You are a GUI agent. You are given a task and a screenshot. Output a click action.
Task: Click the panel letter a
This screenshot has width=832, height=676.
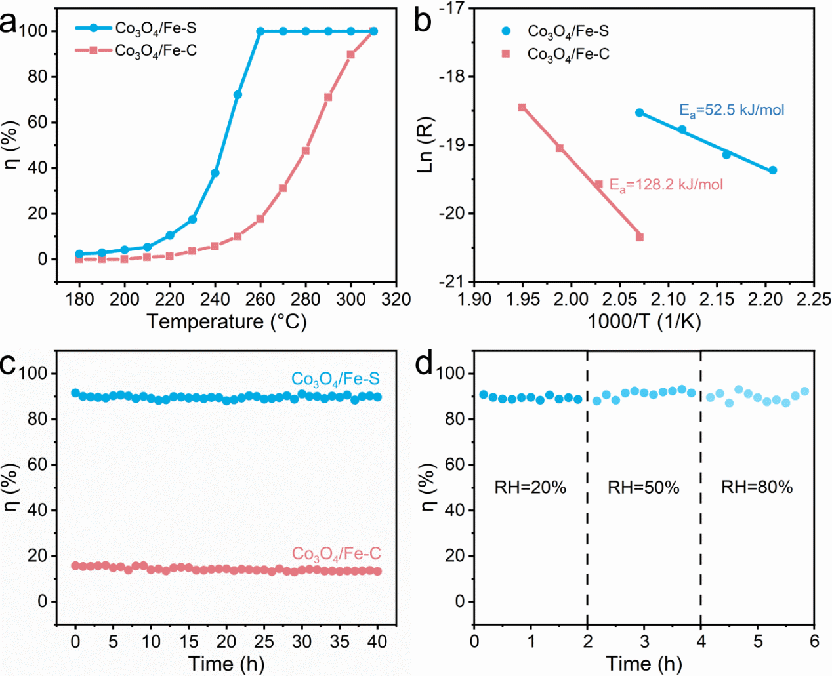[9, 24]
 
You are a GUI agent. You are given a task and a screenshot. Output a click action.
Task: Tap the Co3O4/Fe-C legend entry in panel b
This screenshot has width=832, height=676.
[568, 54]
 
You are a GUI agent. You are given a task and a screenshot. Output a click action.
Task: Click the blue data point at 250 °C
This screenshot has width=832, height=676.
[238, 95]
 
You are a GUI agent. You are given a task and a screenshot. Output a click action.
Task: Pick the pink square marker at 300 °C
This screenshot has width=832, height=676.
[351, 55]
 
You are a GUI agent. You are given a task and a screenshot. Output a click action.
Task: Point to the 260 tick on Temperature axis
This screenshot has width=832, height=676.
[260, 300]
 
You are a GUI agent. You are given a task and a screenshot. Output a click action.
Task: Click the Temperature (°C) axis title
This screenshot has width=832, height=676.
[226, 322]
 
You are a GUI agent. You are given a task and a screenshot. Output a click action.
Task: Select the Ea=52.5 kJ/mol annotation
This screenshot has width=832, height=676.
[732, 110]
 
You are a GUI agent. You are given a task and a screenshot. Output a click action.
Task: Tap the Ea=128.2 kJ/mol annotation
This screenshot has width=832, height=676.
[666, 185]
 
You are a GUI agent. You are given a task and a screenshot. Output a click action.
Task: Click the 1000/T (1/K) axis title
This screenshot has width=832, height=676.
[644, 321]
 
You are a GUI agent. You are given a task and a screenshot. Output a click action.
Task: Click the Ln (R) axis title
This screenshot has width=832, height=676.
[426, 146]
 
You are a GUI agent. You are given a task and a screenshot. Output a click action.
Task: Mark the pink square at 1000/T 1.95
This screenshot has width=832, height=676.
[522, 108]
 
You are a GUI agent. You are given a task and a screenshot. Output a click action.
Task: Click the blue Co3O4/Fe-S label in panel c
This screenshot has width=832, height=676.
[335, 379]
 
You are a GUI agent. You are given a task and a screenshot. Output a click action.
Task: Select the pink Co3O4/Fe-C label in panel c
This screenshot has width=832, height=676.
[336, 555]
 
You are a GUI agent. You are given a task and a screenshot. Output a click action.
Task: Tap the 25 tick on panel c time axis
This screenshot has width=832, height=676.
[264, 641]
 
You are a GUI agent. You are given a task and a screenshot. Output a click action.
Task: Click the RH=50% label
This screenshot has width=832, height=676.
[644, 487]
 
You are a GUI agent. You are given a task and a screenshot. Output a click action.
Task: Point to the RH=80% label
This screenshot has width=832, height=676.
[757, 487]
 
